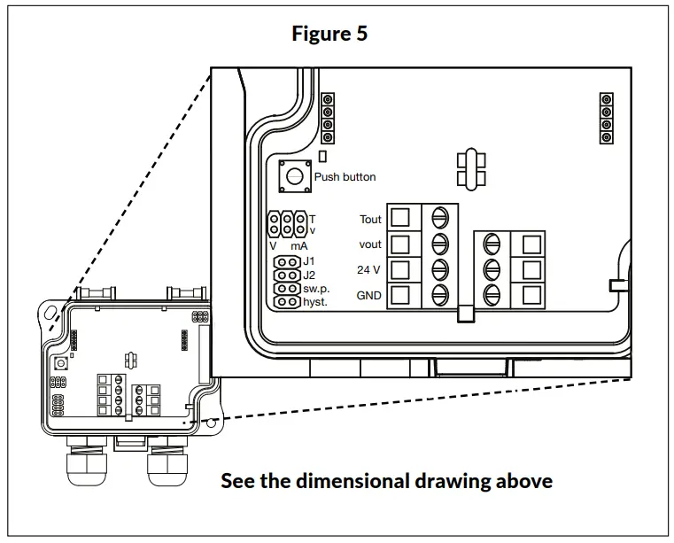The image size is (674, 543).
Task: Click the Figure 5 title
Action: point(329,34)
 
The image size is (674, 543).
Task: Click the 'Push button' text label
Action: point(345,177)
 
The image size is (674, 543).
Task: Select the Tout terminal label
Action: point(370,219)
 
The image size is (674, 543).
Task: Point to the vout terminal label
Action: point(370,244)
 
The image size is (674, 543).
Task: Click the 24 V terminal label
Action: point(370,270)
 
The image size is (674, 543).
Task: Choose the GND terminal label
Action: point(369,296)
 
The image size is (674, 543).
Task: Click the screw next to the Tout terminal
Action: point(439,217)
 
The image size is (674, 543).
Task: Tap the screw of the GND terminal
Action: point(439,295)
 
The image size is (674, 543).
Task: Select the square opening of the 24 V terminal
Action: point(400,269)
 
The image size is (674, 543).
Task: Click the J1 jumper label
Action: point(309,261)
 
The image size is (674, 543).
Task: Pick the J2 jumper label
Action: point(309,275)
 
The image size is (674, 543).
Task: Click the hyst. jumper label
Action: point(315,302)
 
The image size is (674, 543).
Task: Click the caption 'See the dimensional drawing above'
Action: point(386,481)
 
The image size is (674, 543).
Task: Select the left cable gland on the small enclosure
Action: point(87,463)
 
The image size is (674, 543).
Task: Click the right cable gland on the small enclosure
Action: point(168,463)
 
